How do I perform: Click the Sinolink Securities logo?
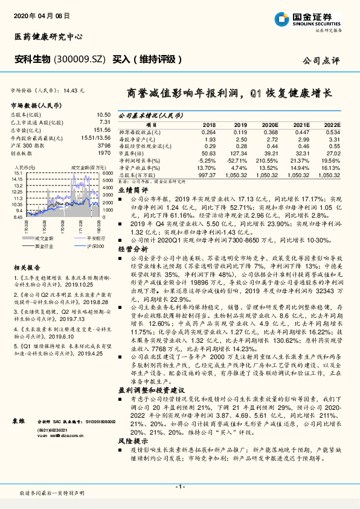click(x=315, y=19)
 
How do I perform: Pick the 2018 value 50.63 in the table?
click(x=208, y=154)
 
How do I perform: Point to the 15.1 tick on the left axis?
click(x=19, y=173)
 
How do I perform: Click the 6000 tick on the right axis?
click(x=106, y=173)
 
